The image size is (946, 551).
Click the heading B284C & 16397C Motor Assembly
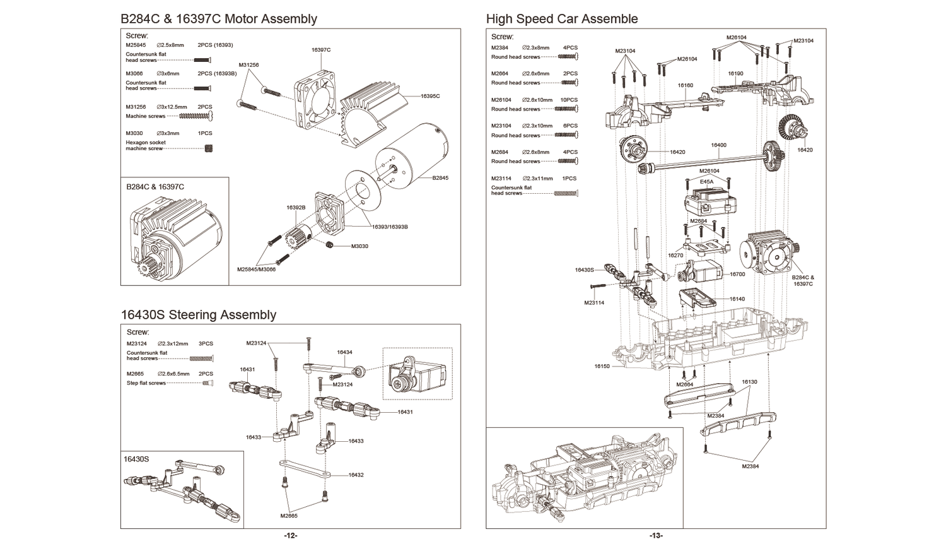coord(218,19)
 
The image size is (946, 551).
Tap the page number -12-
coord(290,536)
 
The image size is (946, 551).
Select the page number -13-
coord(656,536)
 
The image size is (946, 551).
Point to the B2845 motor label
coord(440,178)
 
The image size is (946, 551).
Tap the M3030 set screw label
coord(359,246)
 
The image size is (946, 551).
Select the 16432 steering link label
coord(356,475)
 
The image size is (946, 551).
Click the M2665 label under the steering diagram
coord(289,516)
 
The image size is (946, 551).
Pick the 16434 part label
coord(344,352)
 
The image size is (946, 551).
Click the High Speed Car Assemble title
coord(561,19)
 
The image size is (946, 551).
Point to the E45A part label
coord(706,182)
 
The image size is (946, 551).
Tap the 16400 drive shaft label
coord(718,145)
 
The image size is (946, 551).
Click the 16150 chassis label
coord(602,366)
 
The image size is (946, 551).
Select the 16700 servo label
coord(737,275)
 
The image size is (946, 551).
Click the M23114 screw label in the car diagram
coord(594,303)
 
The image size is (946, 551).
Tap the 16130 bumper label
coord(749,382)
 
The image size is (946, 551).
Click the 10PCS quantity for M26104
coord(569,100)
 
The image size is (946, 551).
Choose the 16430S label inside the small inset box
coord(136,459)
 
